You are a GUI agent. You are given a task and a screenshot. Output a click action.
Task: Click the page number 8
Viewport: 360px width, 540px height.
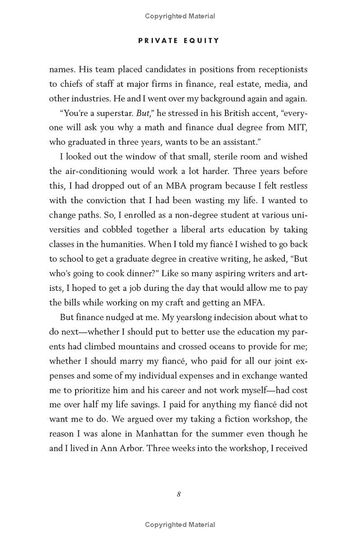tap(179, 494)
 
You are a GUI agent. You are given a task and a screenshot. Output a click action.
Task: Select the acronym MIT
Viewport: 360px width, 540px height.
tap(297, 127)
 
